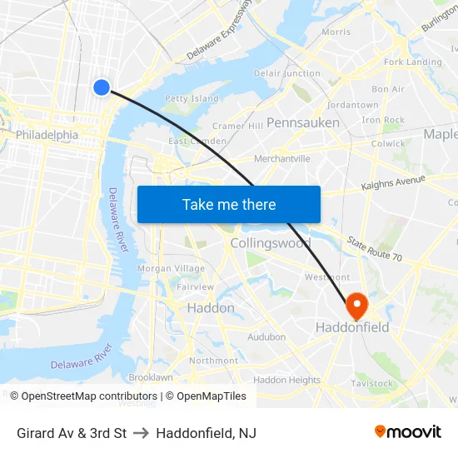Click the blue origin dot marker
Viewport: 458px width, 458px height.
tap(102, 87)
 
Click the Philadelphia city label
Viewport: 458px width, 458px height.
tap(47, 135)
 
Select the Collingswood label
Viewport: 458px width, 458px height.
tap(270, 243)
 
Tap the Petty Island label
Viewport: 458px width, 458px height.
tap(192, 98)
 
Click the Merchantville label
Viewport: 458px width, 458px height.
tap(281, 158)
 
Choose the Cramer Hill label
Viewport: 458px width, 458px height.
tap(237, 126)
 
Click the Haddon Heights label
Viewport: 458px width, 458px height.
tap(286, 380)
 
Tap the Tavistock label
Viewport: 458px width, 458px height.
tap(371, 383)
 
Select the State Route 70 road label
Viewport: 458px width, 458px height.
tap(375, 248)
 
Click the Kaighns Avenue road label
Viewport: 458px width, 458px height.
tap(394, 183)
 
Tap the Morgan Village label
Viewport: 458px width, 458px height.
tap(171, 268)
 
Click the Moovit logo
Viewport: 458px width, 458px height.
tap(407, 431)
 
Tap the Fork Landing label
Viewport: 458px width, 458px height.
tap(412, 62)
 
